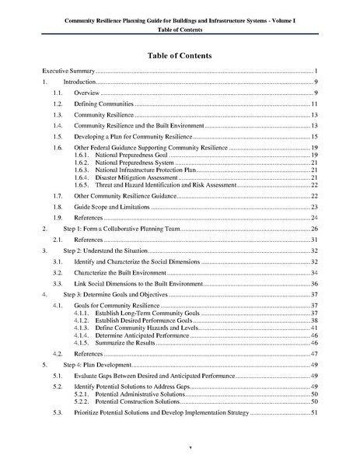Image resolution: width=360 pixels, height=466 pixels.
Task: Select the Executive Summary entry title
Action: click(x=69, y=71)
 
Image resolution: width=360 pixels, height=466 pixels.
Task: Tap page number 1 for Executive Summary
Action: click(x=316, y=71)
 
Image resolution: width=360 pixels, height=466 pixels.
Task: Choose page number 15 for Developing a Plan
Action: click(x=314, y=136)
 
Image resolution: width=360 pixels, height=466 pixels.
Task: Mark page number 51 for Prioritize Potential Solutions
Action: click(x=314, y=412)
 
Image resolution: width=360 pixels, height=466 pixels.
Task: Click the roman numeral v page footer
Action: click(x=180, y=447)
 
